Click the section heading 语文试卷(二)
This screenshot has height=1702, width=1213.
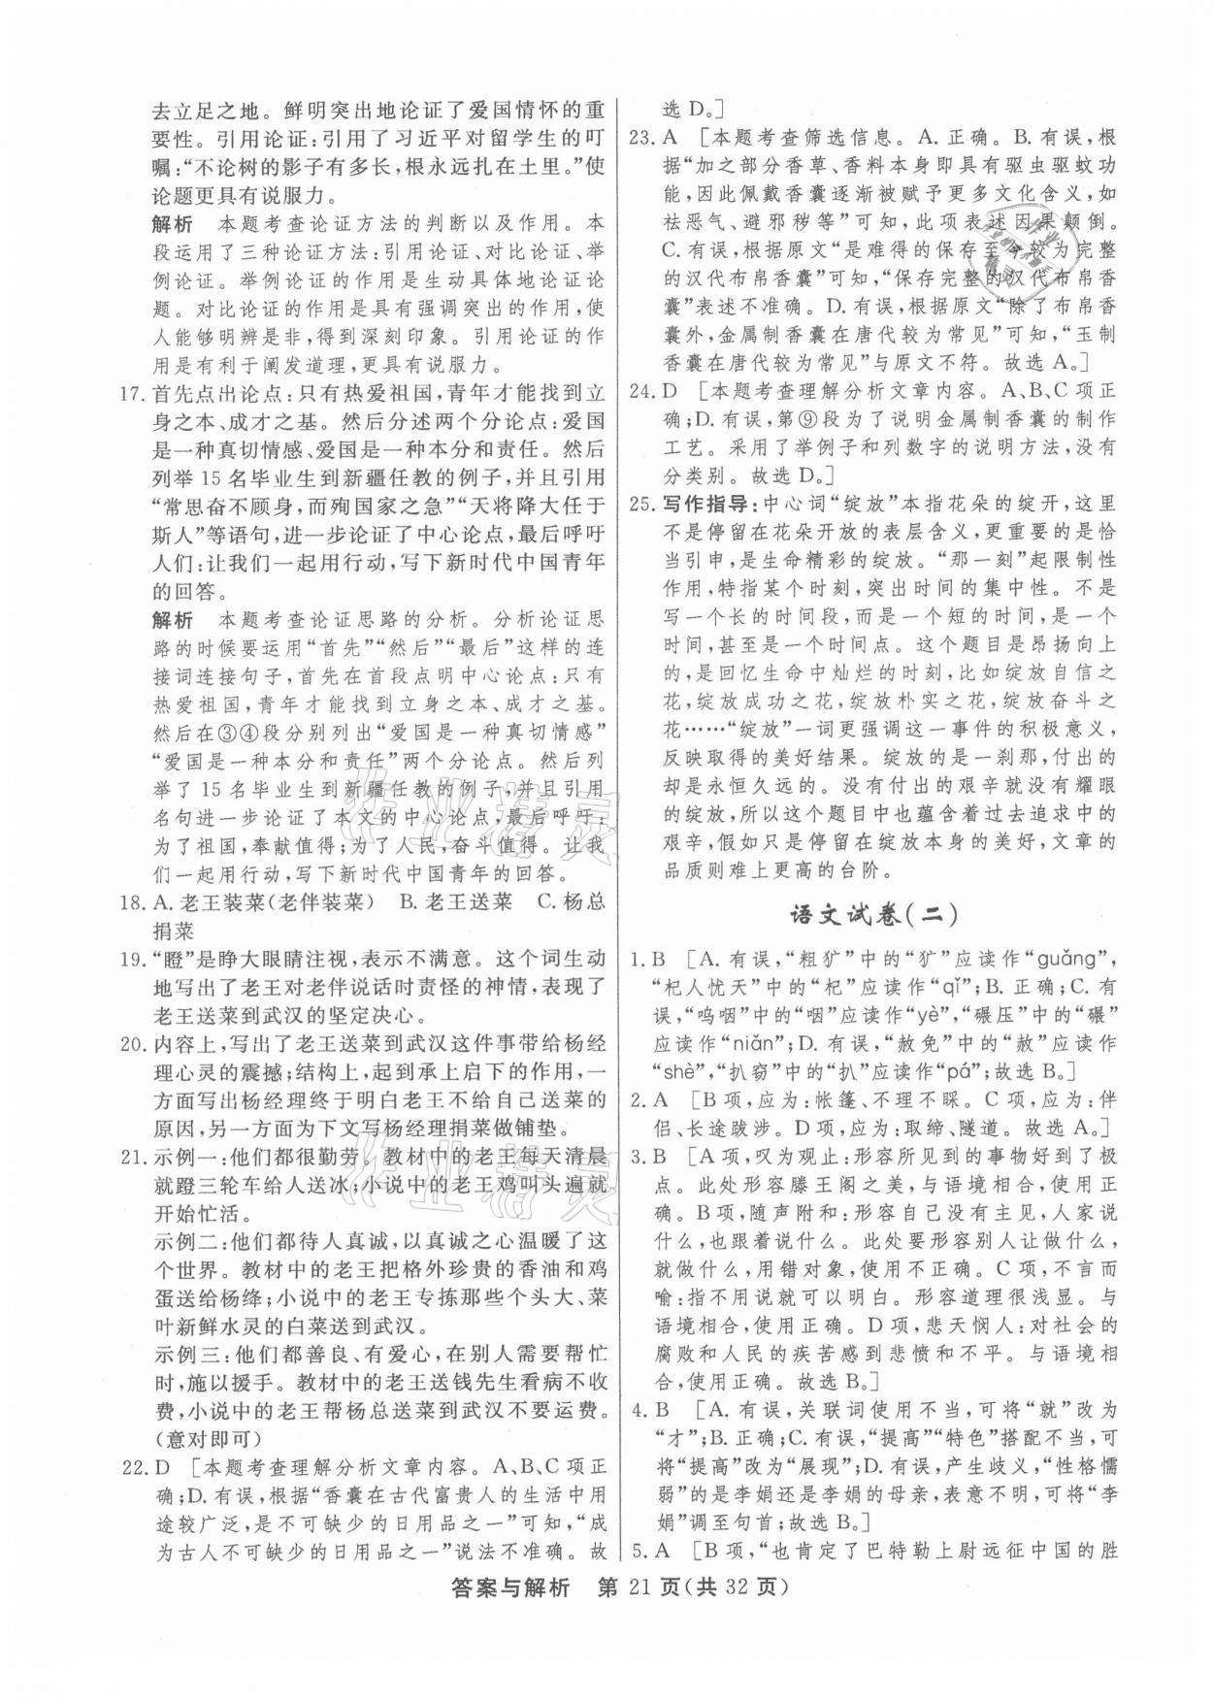coord(869,913)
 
